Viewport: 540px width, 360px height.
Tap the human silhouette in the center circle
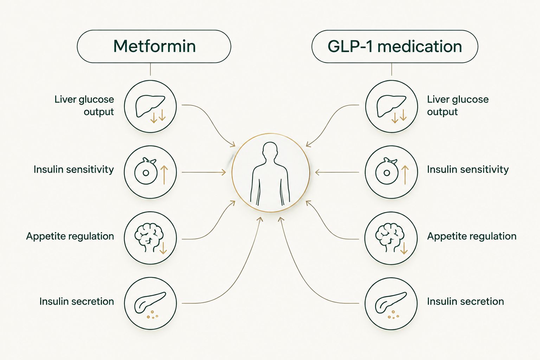(270, 174)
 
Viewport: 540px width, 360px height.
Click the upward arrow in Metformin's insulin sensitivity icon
(164, 175)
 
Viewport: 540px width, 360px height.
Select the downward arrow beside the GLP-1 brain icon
(404, 248)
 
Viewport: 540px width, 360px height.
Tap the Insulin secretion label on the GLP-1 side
(465, 301)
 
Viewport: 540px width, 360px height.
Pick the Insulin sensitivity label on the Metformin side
(73, 170)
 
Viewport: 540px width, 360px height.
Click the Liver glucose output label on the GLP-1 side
(458, 105)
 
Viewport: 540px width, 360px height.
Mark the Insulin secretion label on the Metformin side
(77, 301)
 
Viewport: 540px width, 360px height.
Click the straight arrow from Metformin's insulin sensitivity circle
(204, 172)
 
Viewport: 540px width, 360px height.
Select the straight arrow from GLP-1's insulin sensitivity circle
(337, 172)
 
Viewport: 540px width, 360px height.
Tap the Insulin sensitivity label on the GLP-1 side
(468, 170)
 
